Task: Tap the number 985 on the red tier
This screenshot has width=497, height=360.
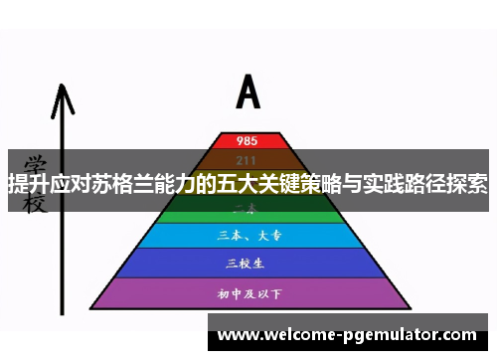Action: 248,140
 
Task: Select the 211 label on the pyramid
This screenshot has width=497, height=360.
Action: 248,160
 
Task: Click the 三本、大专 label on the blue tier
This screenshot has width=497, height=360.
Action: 248,237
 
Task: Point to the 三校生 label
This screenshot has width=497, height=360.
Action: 248,264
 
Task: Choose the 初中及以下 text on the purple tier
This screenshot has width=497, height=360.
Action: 248,293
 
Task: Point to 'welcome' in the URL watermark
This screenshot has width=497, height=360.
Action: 294,335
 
